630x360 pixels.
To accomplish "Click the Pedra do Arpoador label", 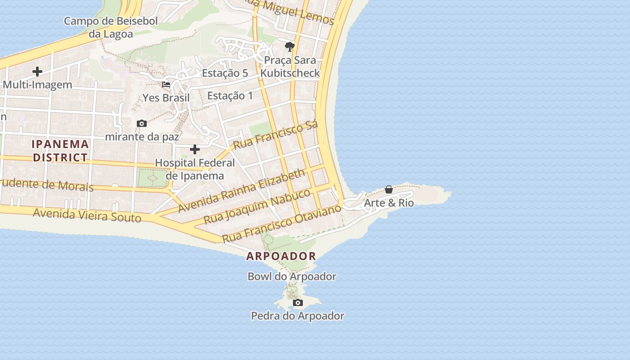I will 297,316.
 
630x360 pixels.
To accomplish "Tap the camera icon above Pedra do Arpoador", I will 297,303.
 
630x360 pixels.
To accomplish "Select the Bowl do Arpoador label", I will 292,276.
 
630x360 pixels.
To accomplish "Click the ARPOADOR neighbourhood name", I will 281,256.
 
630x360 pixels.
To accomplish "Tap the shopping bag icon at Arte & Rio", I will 389,189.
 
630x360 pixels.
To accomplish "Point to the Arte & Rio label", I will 388,203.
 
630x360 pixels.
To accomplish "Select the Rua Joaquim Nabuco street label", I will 257,206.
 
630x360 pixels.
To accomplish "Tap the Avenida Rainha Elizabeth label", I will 242,191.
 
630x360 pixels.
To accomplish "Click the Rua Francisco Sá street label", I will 275,135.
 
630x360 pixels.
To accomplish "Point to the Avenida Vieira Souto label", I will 87,216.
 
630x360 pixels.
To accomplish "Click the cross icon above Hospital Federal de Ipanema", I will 195,149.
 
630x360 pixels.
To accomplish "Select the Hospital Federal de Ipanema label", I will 195,169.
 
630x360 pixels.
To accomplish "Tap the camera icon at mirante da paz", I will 142,124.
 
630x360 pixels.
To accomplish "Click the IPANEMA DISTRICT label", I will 60,151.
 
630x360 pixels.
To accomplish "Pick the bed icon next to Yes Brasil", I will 166,84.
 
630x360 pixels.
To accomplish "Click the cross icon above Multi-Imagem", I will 37,72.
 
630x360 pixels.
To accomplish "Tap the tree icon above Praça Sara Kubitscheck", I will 290,46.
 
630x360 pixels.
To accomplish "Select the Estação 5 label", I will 225,73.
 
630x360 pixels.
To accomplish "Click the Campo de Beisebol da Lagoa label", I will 111,27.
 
